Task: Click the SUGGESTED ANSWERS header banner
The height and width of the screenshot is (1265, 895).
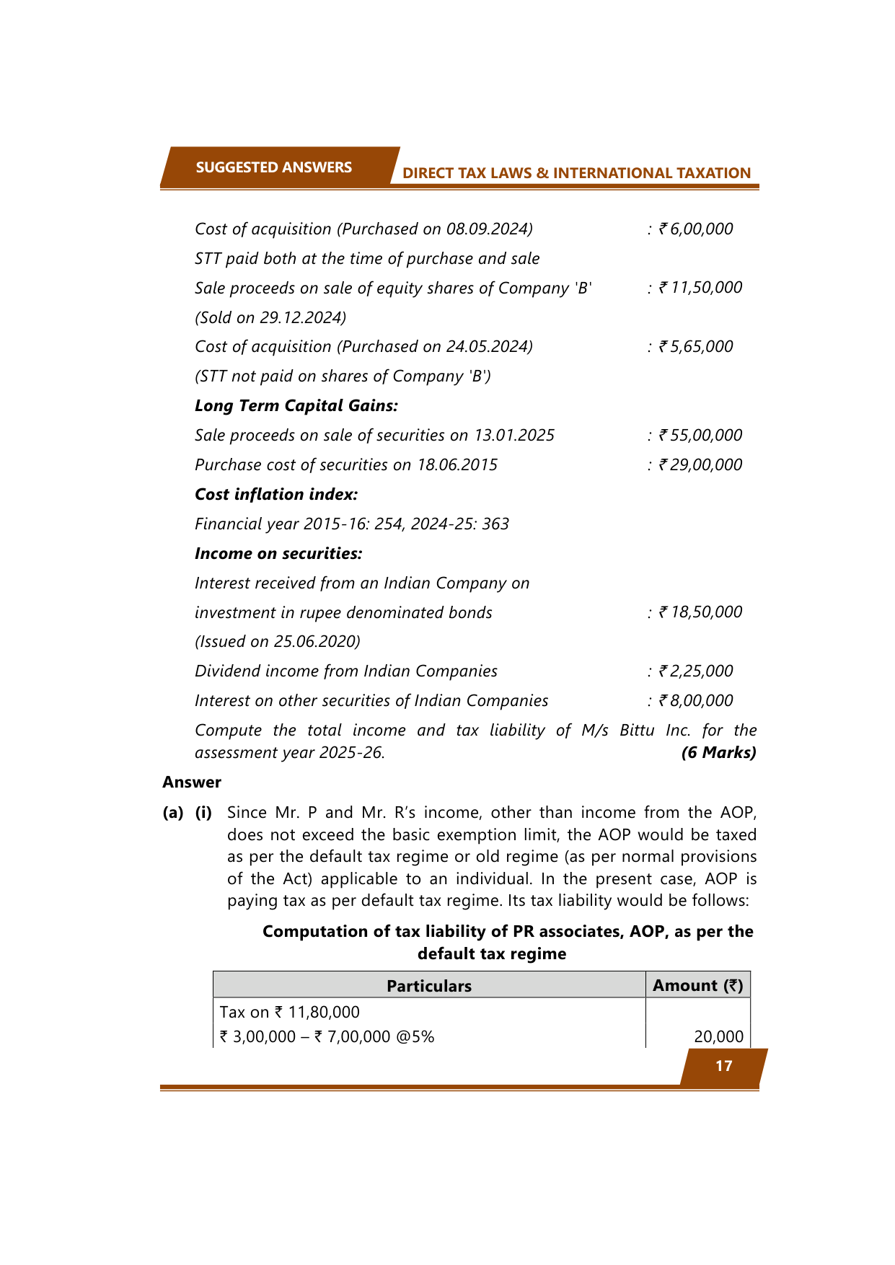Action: (x=274, y=167)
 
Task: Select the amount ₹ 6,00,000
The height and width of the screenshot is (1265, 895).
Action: (x=695, y=229)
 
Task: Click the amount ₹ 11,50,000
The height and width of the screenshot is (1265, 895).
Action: (x=700, y=288)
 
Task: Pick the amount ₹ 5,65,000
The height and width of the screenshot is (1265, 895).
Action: (x=695, y=347)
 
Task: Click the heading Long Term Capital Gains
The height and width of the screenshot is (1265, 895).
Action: (x=296, y=406)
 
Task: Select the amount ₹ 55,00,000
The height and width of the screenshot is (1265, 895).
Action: (x=700, y=436)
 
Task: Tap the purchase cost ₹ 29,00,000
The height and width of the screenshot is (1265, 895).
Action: (x=700, y=465)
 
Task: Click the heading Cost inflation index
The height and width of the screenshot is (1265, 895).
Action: (x=276, y=495)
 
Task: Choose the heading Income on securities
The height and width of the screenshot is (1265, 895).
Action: (x=278, y=554)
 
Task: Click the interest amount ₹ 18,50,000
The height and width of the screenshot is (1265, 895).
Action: (x=700, y=612)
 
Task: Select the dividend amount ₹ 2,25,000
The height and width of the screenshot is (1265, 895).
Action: (x=695, y=671)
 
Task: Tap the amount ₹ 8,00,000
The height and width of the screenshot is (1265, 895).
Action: (x=695, y=701)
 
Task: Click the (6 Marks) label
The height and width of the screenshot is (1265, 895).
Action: (x=718, y=753)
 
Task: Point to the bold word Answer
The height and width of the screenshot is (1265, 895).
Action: (x=192, y=783)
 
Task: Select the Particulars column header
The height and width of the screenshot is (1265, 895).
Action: (x=429, y=986)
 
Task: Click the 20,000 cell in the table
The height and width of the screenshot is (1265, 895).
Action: (x=718, y=1037)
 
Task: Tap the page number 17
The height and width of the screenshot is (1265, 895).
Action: (x=723, y=1066)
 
